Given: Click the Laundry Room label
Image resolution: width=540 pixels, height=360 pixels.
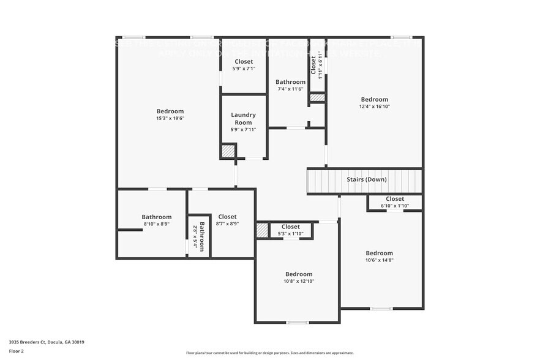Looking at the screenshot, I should click(243, 119).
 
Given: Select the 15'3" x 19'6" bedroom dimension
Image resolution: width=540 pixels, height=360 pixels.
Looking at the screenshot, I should click(170, 118).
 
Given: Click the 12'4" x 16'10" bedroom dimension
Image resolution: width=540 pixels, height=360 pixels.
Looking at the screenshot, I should click(374, 107).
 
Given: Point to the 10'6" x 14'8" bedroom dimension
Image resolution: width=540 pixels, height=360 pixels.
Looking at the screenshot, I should click(379, 260).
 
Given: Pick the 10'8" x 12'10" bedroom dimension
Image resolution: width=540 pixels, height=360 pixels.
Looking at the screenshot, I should click(298, 281).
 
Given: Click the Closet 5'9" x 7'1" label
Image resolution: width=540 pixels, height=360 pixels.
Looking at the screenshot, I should click(243, 65).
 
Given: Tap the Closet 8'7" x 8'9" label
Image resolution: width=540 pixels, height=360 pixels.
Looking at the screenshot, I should click(227, 220).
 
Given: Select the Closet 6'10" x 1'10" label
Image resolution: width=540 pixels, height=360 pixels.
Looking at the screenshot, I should click(394, 202).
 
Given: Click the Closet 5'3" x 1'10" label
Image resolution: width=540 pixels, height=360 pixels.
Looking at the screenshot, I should click(290, 230).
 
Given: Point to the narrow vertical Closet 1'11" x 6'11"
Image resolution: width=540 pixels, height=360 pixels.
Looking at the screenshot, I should click(317, 65).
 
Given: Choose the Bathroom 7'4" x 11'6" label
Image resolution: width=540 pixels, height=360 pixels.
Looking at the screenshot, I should click(290, 85).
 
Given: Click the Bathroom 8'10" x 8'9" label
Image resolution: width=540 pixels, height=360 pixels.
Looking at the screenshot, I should click(157, 220).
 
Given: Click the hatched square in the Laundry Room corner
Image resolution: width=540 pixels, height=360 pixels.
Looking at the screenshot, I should click(228, 151).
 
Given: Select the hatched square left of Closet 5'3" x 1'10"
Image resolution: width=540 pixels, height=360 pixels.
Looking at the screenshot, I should click(262, 230).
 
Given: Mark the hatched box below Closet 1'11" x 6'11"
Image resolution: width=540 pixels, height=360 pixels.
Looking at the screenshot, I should click(317, 97).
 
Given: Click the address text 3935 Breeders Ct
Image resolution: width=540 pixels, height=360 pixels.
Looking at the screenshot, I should click(47, 342).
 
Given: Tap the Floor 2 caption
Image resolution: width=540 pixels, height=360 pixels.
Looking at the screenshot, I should click(17, 351).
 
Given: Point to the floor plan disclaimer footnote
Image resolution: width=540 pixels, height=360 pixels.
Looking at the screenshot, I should click(269, 353).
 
